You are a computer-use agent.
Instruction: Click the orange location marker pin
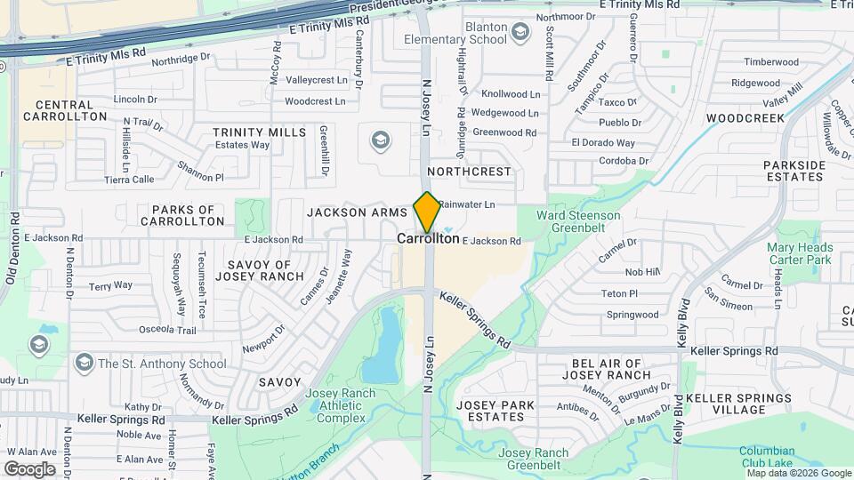coord(427,212)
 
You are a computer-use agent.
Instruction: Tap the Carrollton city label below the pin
coord(428,239)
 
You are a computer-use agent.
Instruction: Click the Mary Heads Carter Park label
coord(799,254)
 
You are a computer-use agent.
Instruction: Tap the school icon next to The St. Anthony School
coord(84,363)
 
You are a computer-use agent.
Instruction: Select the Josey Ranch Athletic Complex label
coord(334,405)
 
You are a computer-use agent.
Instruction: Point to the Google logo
coord(30,468)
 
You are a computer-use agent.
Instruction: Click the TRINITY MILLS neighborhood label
coord(259,132)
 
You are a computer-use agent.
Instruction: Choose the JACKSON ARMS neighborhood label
coord(357,212)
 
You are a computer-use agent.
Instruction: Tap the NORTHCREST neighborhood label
coord(469,171)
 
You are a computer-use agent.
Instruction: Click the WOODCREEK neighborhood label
coord(745,118)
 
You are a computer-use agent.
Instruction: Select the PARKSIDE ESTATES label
coord(794,171)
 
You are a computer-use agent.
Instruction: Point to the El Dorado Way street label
coord(603,143)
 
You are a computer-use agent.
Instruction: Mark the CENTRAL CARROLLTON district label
coord(65,110)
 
